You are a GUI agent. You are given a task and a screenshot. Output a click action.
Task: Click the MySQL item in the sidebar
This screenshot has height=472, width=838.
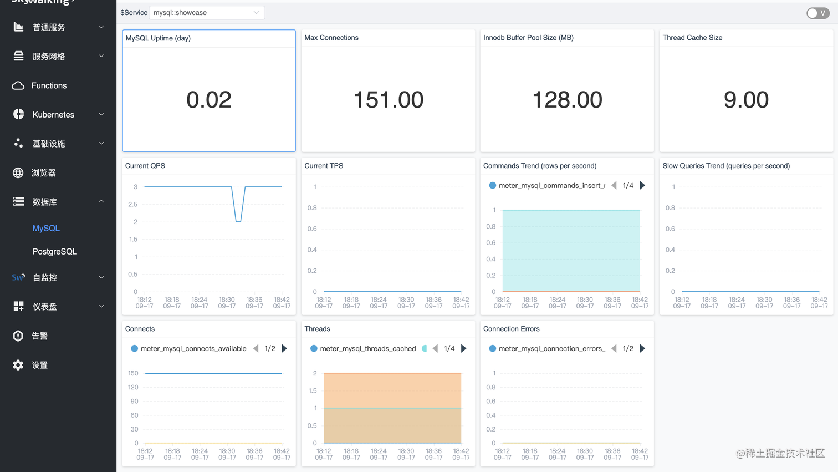(46, 228)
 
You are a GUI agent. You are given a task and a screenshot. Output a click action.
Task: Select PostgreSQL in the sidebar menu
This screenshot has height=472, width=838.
(54, 251)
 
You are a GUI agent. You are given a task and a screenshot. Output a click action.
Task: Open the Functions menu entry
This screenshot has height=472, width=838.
(49, 85)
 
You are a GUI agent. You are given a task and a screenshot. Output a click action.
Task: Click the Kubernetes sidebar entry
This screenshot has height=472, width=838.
(53, 114)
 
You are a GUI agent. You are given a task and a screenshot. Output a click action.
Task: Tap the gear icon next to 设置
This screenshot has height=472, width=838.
(18, 365)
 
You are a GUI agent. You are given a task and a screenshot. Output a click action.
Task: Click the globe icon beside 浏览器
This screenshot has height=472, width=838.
(18, 172)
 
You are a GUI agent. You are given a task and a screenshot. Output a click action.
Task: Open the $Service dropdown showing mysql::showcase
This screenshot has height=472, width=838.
(206, 12)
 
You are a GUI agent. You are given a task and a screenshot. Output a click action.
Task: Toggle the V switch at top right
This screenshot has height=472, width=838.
(817, 13)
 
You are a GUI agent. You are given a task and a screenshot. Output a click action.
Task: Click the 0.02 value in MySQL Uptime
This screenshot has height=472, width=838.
(208, 100)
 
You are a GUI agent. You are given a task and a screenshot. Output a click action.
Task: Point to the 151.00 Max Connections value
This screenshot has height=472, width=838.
(388, 100)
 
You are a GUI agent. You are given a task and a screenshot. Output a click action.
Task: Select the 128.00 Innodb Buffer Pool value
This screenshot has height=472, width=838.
(567, 100)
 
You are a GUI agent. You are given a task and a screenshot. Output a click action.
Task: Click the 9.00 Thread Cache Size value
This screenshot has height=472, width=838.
(746, 100)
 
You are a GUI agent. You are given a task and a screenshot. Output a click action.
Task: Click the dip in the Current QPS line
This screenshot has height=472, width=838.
(238, 221)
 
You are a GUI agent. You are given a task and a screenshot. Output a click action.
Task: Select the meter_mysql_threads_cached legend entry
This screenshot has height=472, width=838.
(367, 348)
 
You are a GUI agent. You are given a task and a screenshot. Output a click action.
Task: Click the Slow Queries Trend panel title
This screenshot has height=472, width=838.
(726, 166)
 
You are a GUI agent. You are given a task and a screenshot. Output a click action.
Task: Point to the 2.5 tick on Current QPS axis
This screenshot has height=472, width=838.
(132, 204)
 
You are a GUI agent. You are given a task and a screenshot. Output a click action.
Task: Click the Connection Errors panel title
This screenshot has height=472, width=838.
(511, 329)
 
